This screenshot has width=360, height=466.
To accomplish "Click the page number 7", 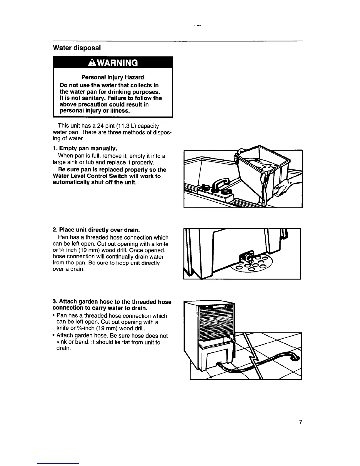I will pos(300,422).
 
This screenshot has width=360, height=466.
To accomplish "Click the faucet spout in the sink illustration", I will pos(220,184).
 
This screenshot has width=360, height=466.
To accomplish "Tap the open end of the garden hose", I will pos(296,358).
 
